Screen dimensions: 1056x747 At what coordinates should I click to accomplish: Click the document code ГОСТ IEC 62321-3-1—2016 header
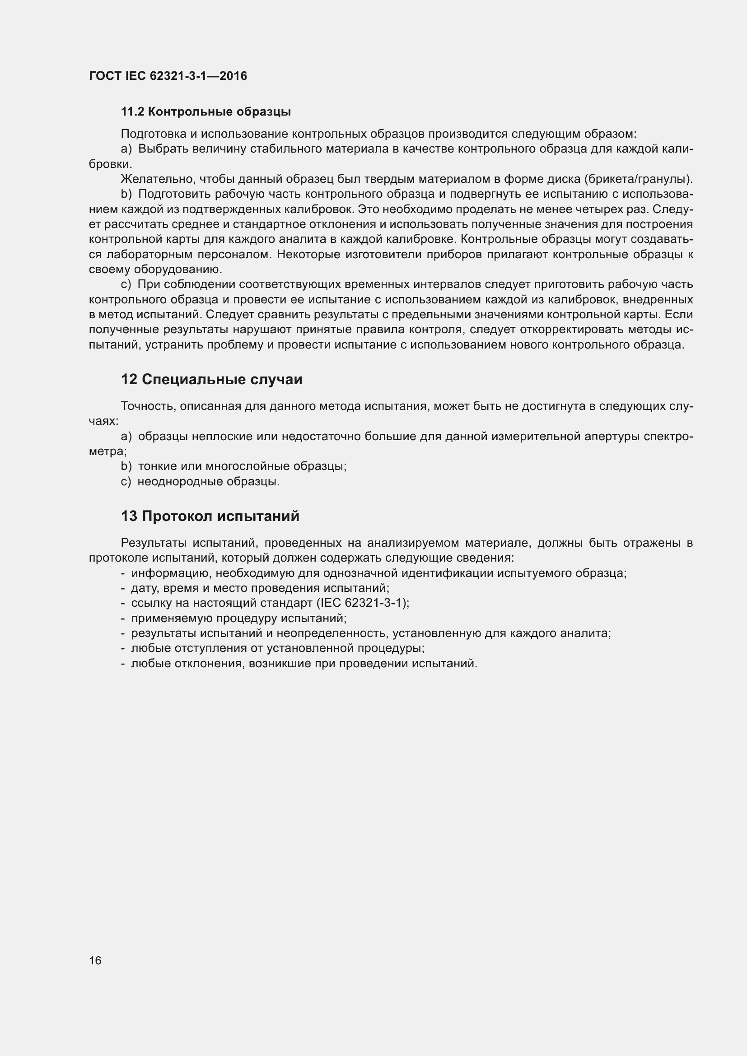[168, 76]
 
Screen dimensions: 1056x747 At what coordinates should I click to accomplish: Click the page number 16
[95, 960]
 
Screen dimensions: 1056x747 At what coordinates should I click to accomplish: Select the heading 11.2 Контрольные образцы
[205, 112]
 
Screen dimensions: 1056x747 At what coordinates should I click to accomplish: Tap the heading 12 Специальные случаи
[211, 379]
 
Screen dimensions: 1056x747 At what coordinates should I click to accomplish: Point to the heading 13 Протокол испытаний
[210, 516]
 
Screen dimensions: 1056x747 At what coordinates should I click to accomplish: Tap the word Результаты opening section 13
[153, 543]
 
